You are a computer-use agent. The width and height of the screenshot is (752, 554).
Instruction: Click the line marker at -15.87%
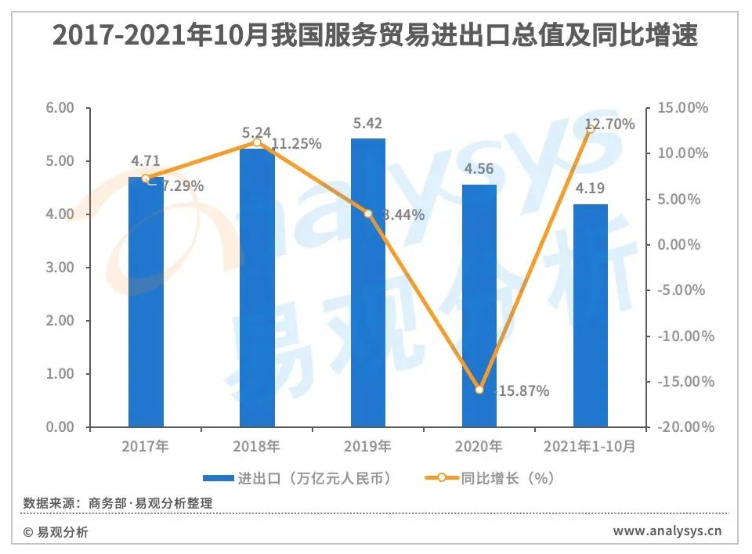(479, 390)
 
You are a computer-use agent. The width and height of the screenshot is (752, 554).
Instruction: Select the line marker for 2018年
(257, 142)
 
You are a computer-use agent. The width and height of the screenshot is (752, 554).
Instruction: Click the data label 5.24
(257, 132)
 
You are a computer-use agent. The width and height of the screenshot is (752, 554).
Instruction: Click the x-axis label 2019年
(368, 447)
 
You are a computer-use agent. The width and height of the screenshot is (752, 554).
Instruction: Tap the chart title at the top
(375, 36)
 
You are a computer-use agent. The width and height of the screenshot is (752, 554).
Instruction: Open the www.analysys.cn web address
(667, 532)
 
